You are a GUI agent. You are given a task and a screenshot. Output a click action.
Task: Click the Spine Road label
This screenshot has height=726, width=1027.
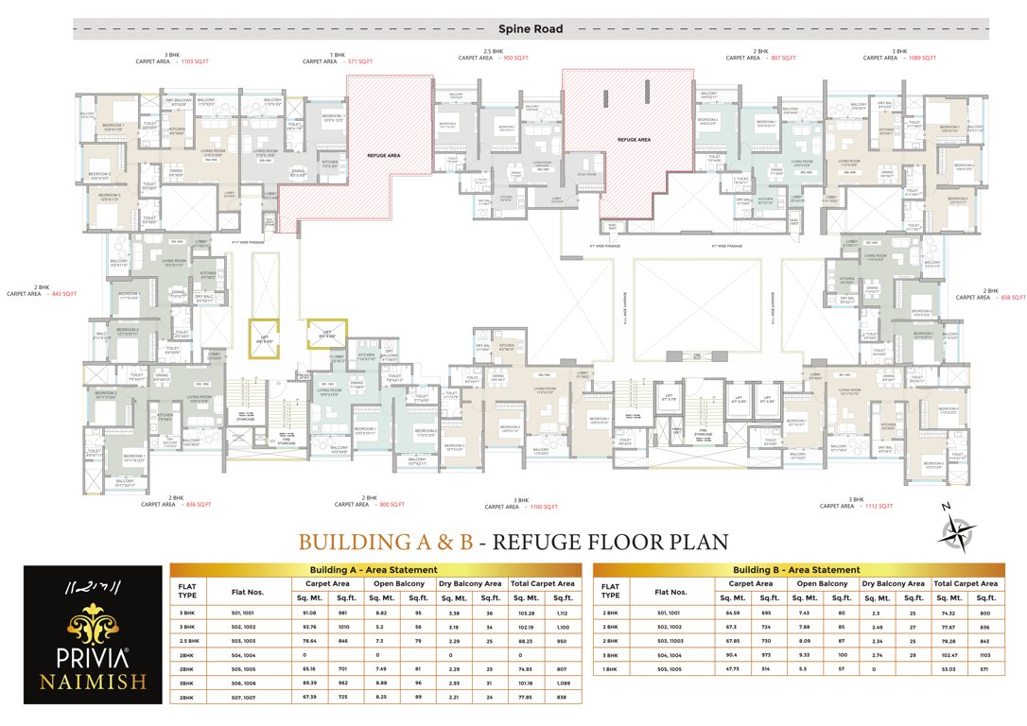(x=531, y=29)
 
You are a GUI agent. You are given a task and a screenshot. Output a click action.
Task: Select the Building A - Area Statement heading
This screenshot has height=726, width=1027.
(x=374, y=570)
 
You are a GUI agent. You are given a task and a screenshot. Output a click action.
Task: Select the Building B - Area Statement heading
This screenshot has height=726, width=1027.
(x=798, y=570)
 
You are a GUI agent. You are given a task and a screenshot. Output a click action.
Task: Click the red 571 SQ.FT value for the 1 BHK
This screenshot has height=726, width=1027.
(x=359, y=60)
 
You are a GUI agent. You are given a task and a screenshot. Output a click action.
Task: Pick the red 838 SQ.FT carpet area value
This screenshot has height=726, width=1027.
(x=1013, y=297)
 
